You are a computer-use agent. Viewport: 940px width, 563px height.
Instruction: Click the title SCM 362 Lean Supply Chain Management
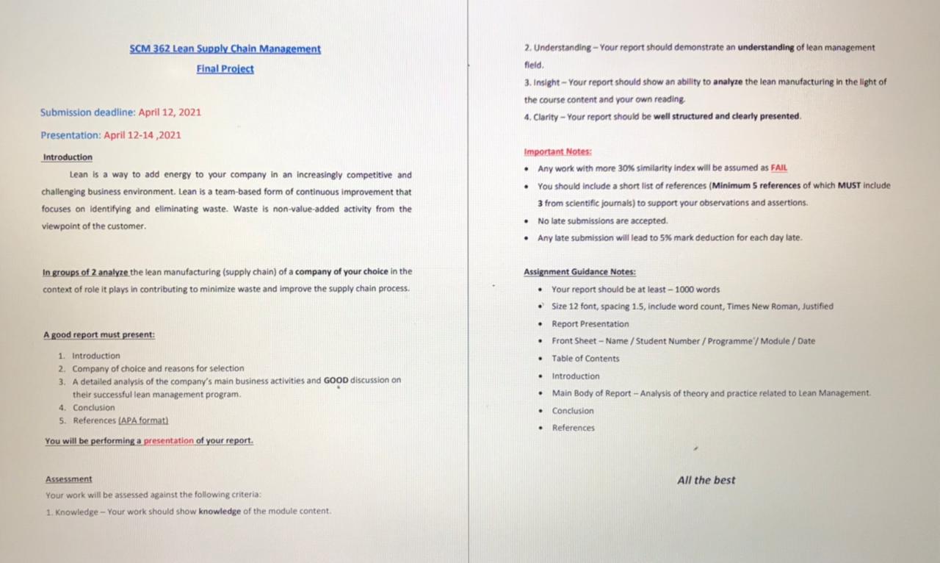point(225,49)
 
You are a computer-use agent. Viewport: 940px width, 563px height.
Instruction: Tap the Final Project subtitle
point(225,69)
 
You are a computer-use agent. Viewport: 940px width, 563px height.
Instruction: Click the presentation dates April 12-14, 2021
point(142,135)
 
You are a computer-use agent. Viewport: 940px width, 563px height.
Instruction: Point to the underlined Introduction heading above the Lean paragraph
point(68,157)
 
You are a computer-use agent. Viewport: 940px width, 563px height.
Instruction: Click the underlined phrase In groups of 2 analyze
point(85,272)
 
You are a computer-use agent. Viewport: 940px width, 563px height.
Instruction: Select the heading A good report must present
point(99,335)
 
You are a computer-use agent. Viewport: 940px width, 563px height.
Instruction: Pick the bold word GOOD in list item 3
point(336,381)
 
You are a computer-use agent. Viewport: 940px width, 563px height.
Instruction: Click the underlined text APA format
point(144,420)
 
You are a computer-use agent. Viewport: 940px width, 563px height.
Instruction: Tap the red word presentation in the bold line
point(168,441)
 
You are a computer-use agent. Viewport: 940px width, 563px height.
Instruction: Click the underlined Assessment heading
point(68,479)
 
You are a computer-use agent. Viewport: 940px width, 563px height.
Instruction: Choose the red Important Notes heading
point(557,152)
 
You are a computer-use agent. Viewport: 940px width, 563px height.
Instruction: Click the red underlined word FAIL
point(778,168)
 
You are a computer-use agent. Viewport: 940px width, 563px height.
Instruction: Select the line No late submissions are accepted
point(602,220)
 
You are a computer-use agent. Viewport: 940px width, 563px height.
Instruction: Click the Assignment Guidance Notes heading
point(579,272)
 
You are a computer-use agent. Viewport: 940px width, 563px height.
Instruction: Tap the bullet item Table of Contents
point(585,359)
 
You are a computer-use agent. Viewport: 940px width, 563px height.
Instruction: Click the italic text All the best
point(706,480)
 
